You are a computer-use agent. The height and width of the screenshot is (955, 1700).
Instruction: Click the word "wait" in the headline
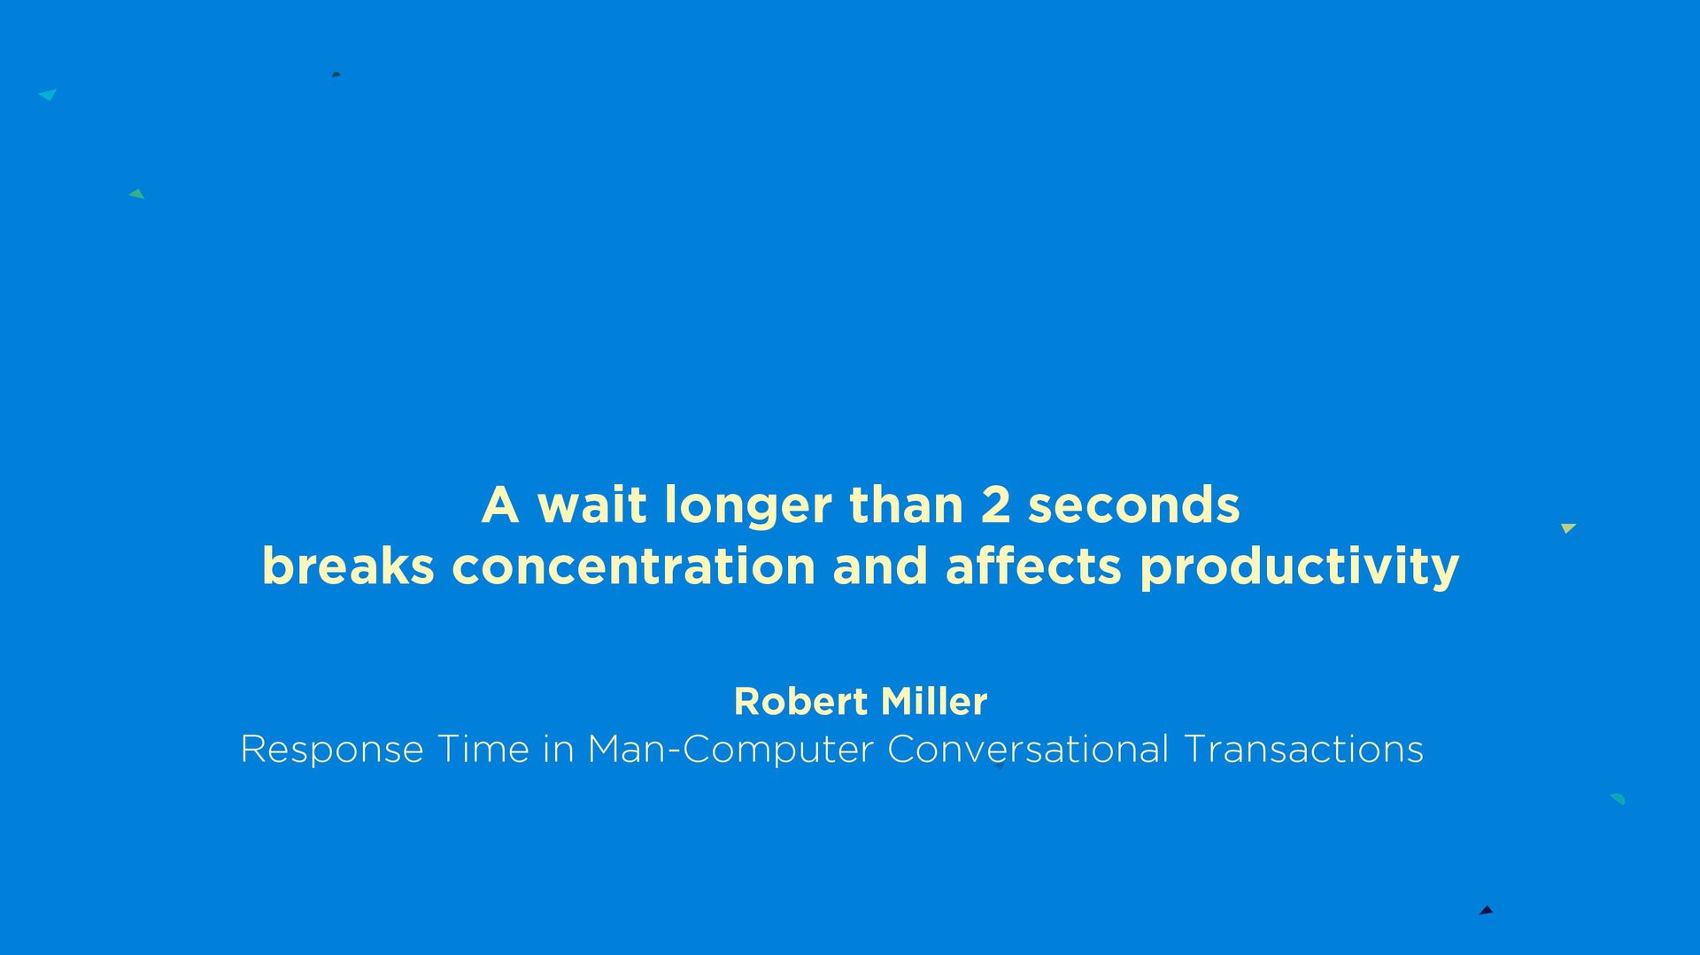(592, 505)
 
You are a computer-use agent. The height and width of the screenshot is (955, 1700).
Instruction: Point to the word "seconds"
(1133, 505)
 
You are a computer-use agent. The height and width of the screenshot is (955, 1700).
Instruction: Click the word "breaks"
(348, 566)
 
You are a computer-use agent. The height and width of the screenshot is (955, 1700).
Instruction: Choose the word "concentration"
(634, 567)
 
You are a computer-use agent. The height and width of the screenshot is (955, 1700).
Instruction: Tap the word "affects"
(1034, 566)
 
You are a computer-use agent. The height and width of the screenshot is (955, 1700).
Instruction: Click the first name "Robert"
(801, 702)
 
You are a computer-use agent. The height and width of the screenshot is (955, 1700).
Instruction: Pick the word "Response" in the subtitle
(332, 751)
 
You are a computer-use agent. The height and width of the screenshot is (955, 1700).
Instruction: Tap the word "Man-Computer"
(730, 751)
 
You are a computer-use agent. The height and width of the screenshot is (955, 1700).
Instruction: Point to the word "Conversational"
(1028, 750)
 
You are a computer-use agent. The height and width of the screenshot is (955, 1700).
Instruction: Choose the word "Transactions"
(1303, 750)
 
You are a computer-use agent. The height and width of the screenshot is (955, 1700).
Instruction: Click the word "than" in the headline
(906, 505)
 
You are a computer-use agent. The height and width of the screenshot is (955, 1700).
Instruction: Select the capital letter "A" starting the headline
(500, 505)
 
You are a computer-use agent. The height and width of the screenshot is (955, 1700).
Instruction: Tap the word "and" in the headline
(881, 566)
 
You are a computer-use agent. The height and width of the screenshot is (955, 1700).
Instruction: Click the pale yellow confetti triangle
(1568, 528)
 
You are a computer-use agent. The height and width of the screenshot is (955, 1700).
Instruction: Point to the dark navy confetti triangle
(1486, 910)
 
